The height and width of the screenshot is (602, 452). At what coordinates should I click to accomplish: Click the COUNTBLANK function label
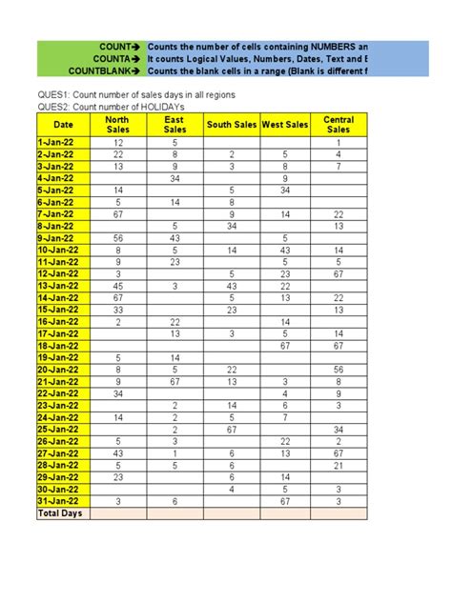tap(105, 70)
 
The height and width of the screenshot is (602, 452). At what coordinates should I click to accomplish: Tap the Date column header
tap(63, 125)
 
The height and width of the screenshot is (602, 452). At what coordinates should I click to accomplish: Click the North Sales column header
tap(117, 125)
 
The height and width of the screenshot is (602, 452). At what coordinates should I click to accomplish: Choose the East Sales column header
tap(175, 125)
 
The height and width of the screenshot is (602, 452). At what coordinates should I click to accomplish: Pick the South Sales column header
tap(232, 125)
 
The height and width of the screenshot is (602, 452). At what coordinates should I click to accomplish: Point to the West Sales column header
tap(284, 125)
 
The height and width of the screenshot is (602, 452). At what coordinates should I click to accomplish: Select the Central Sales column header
tap(339, 125)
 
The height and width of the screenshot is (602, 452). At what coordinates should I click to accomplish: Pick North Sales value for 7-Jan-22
tap(117, 214)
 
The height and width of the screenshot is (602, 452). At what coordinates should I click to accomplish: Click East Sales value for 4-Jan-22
tap(175, 178)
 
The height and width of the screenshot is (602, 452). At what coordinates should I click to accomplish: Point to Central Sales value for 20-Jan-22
tap(339, 370)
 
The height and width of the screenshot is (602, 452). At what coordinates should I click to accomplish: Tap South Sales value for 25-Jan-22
tap(232, 430)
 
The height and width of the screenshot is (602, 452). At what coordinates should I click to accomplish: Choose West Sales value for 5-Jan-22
tap(284, 191)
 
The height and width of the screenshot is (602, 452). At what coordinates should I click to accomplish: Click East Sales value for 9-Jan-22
tap(175, 238)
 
